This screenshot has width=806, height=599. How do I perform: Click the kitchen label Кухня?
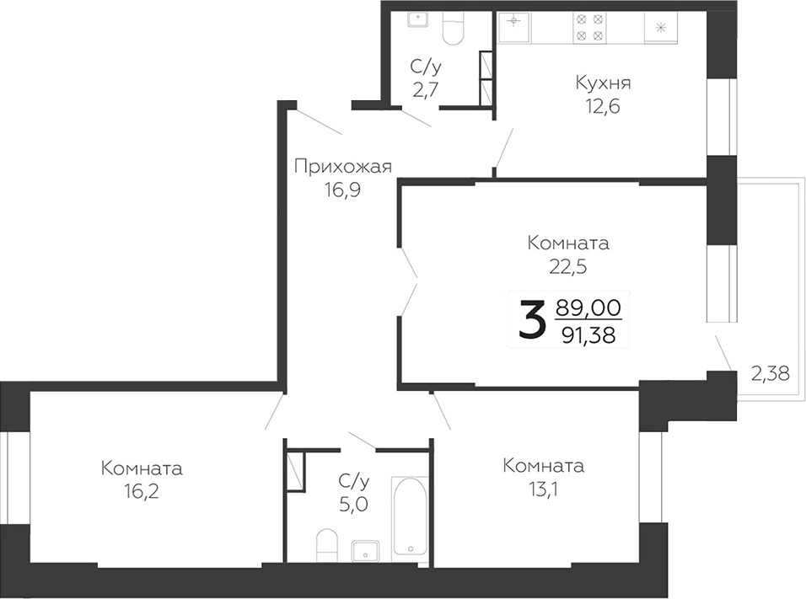click(603, 83)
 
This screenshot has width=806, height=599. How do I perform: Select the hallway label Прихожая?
click(342, 166)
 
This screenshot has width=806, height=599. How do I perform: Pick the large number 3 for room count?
click(531, 320)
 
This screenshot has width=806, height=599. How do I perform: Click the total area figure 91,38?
click(588, 335)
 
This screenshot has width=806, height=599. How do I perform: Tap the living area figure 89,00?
click(588, 307)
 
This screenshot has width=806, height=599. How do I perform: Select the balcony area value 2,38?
click(770, 373)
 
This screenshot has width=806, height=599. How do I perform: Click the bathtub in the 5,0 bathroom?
click(410, 516)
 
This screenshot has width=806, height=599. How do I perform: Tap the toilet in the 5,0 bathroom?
click(327, 545)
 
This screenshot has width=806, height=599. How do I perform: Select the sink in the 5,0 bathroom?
click(366, 550)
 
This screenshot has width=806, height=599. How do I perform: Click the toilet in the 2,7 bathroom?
click(453, 29)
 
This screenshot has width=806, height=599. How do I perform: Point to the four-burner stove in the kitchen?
click(588, 27)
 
